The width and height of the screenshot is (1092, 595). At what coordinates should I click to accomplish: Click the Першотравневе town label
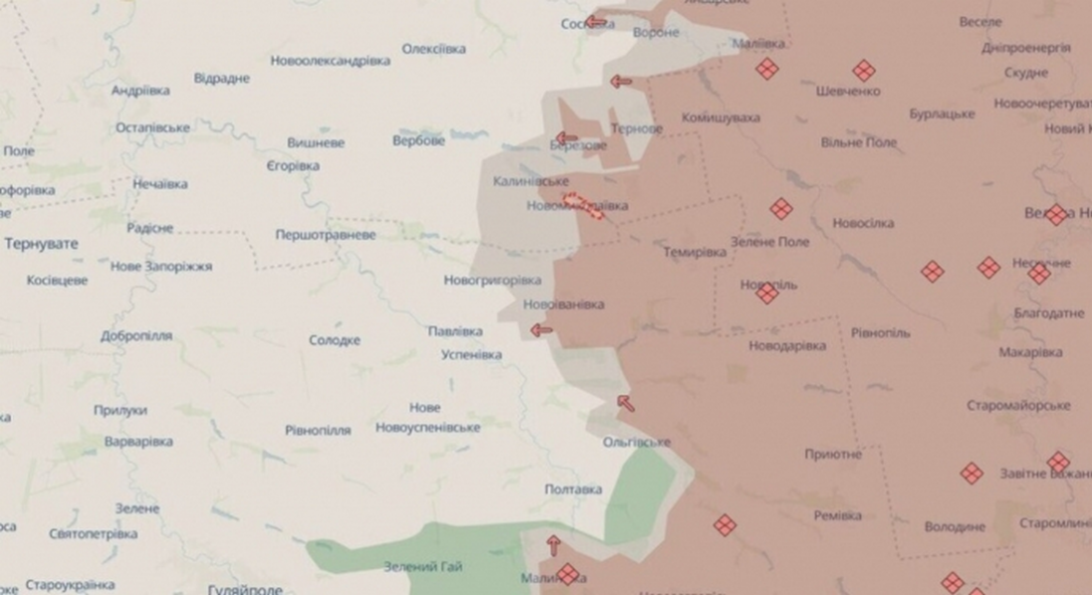pyautogui.click(x=326, y=236)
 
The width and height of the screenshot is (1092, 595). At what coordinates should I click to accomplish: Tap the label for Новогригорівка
pyautogui.click(x=492, y=281)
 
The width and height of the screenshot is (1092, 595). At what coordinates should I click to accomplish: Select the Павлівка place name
pyautogui.click(x=455, y=331)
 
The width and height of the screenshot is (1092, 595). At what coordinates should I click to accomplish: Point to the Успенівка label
pyautogui.click(x=471, y=354)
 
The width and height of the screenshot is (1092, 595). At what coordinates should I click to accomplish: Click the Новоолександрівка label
pyautogui.click(x=330, y=61)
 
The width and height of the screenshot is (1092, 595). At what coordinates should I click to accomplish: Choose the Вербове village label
pyautogui.click(x=418, y=140)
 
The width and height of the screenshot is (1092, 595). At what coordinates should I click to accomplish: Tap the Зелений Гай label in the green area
pyautogui.click(x=423, y=567)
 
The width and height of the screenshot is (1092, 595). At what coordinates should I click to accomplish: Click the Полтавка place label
pyautogui.click(x=573, y=490)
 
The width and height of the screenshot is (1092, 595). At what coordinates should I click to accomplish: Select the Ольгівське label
pyautogui.click(x=637, y=442)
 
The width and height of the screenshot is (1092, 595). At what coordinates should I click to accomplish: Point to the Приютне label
pyautogui.click(x=833, y=455)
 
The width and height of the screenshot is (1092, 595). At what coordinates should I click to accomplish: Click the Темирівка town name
pyautogui.click(x=695, y=253)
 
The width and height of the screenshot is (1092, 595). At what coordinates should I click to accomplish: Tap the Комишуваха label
pyautogui.click(x=721, y=118)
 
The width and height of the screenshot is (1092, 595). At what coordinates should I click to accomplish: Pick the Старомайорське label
pyautogui.click(x=1018, y=406)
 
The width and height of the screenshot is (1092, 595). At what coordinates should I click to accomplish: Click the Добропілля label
pyautogui.click(x=135, y=336)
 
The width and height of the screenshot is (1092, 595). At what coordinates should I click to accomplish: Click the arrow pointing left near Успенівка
pyautogui.click(x=542, y=330)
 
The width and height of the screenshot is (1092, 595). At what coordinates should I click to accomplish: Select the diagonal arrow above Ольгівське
pyautogui.click(x=625, y=403)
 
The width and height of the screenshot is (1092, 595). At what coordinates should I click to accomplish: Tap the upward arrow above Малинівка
pyautogui.click(x=553, y=543)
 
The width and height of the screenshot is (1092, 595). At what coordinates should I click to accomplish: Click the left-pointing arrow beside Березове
pyautogui.click(x=566, y=139)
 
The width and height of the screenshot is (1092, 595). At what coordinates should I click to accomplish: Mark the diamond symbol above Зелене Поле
pyautogui.click(x=780, y=209)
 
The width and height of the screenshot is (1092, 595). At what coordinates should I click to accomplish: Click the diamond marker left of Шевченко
pyautogui.click(x=765, y=69)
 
